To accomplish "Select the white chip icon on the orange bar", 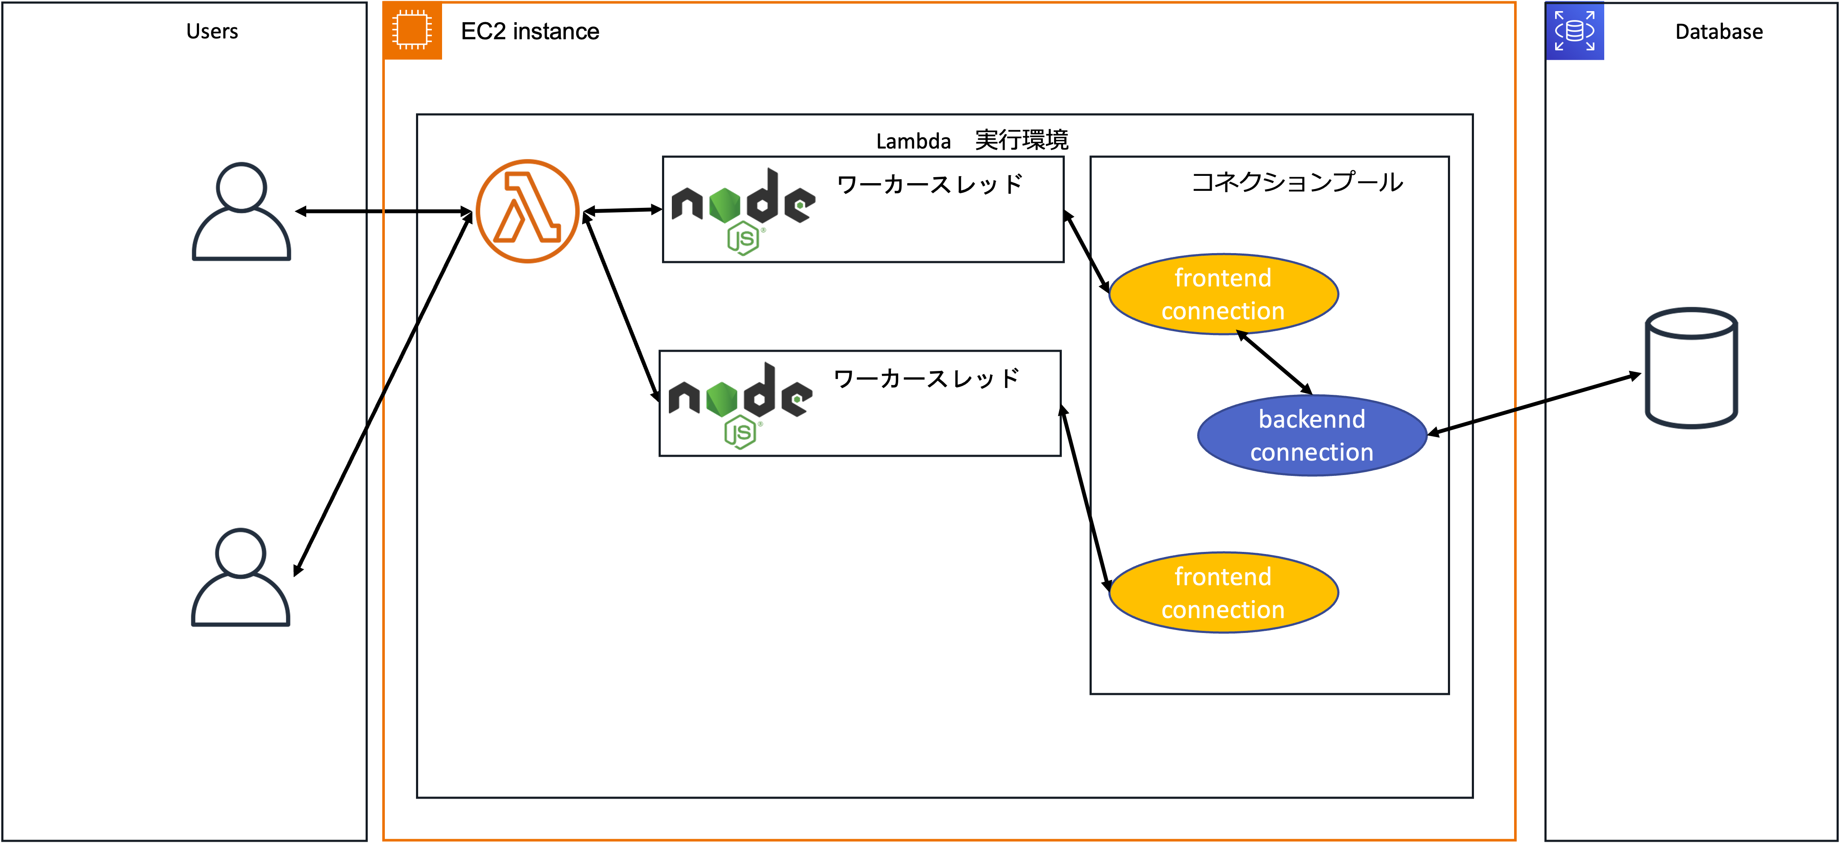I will [411, 30].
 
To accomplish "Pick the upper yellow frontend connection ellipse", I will [1223, 294].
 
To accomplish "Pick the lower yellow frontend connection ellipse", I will [1223, 592].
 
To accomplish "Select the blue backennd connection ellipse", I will [1312, 435].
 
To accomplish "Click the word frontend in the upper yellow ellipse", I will [1223, 278].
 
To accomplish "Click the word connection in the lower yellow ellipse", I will [1223, 610].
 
